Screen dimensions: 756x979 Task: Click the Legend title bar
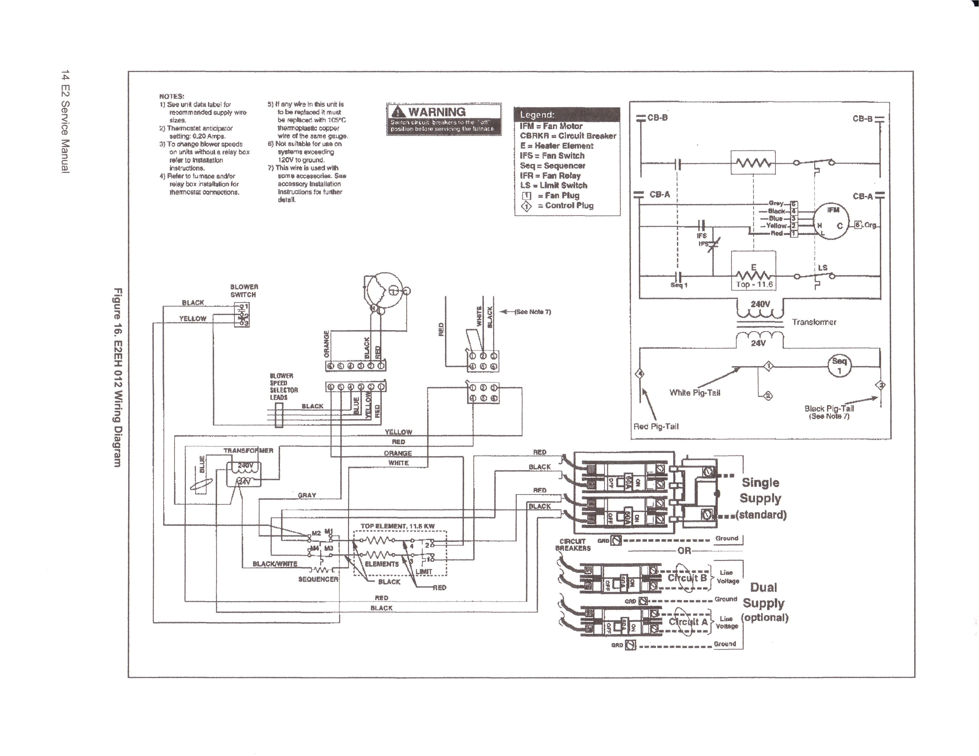pos(567,115)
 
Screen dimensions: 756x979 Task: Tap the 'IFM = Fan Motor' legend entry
pos(551,126)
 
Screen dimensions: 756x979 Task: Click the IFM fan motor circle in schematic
pos(832,221)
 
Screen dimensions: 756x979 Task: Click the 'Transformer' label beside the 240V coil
pos(814,322)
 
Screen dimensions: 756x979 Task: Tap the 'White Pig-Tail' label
pos(694,393)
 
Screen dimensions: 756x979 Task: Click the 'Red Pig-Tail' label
pos(656,426)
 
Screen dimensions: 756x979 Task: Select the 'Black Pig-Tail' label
pos(829,409)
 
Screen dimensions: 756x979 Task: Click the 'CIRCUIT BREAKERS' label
pos(573,545)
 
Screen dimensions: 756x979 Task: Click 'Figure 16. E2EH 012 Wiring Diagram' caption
pos(118,377)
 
